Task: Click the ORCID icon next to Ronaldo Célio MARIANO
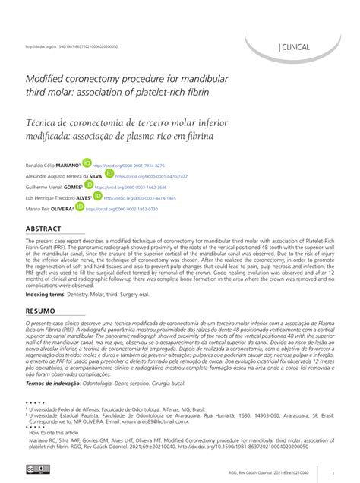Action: (x=87, y=163)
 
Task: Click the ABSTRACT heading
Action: (x=49, y=229)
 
